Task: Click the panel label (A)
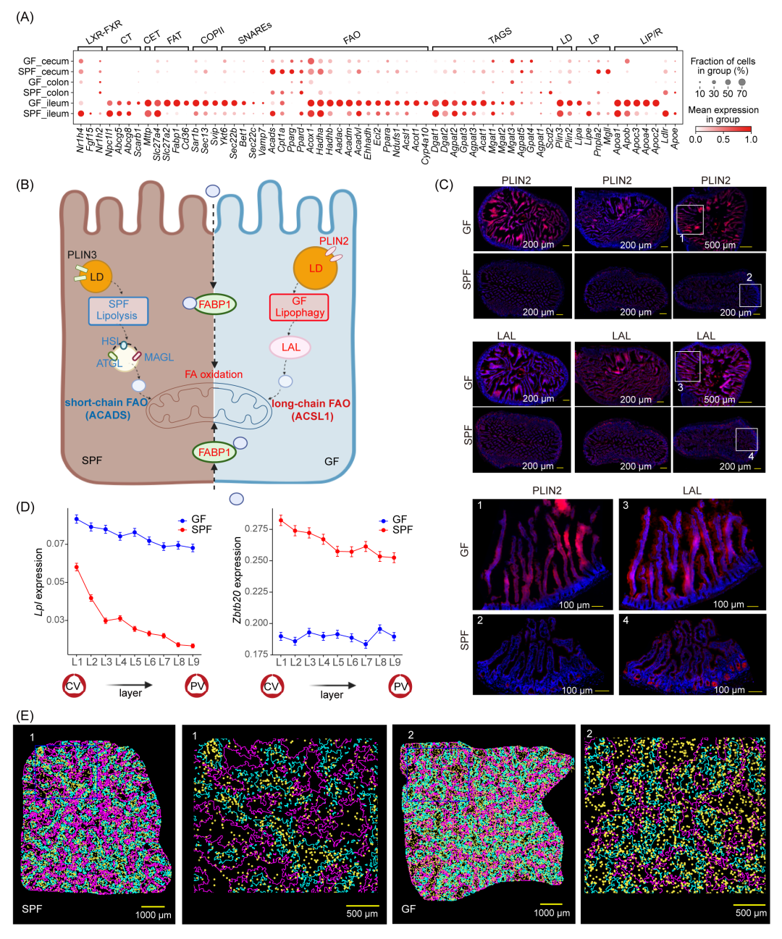[x=25, y=17]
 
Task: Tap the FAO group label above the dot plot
[x=352, y=37]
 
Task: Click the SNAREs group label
[x=254, y=33]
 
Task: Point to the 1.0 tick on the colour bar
[x=751, y=139]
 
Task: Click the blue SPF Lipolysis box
[x=118, y=310]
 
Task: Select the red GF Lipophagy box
[x=299, y=306]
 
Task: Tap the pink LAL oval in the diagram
[x=290, y=348]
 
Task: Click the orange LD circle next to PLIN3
[x=97, y=277]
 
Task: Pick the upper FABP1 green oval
[x=214, y=304]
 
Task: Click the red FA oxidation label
[x=214, y=374]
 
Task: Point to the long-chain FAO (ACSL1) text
[x=311, y=410]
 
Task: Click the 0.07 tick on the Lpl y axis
[x=56, y=544]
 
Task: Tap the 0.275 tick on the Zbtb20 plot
[x=257, y=529]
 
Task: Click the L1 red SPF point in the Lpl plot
[x=77, y=567]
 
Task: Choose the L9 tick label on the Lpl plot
[x=193, y=662]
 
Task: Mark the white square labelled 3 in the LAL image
[x=688, y=366]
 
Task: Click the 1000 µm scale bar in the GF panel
[x=551, y=904]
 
